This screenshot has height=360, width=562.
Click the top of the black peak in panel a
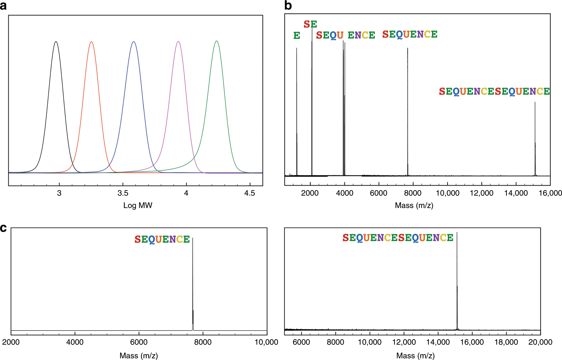pyautogui.click(x=56, y=41)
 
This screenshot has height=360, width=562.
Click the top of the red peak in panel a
pyautogui.click(x=91, y=41)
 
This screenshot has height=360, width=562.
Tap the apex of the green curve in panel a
pyautogui.click(x=216, y=41)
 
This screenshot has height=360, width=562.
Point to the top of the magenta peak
pyautogui.click(x=178, y=41)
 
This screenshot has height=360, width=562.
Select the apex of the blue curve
pyautogui.click(x=133, y=41)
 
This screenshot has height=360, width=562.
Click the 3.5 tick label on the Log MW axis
pyautogui.click(x=123, y=193)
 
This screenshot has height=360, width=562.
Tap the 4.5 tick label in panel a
pyautogui.click(x=250, y=193)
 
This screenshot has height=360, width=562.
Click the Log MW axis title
pyautogui.click(x=138, y=205)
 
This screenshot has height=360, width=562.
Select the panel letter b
pyautogui.click(x=288, y=5)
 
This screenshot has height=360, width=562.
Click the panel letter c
pyautogui.click(x=3, y=228)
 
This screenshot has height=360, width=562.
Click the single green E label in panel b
pyautogui.click(x=297, y=36)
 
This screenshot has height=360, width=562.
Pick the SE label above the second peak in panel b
pyautogui.click(x=310, y=24)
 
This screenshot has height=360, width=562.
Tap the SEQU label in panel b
pyautogui.click(x=330, y=35)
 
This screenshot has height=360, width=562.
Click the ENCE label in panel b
pyautogui.click(x=361, y=35)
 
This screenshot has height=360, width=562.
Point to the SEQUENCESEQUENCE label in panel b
pyautogui.click(x=494, y=91)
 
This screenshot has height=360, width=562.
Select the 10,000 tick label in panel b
pyautogui.click(x=447, y=193)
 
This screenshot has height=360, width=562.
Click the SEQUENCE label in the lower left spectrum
pyautogui.click(x=162, y=239)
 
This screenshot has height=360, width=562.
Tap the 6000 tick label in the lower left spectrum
pyautogui.click(x=139, y=342)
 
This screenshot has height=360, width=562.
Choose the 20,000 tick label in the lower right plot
pyautogui.click(x=540, y=342)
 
